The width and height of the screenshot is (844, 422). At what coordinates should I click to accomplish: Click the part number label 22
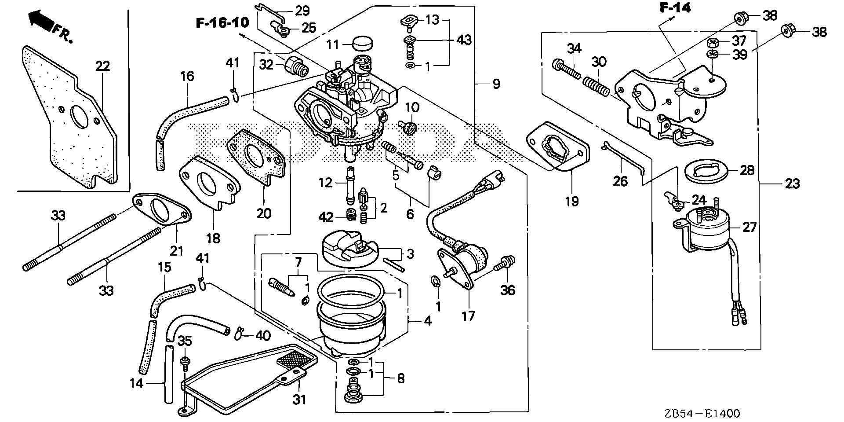(x=102, y=66)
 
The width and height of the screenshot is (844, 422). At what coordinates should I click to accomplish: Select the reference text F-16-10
(x=222, y=23)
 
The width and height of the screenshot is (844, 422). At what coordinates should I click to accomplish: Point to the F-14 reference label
(x=675, y=7)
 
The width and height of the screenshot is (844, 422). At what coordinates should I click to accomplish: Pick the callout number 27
(x=749, y=227)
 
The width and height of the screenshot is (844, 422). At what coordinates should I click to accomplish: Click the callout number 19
(x=572, y=202)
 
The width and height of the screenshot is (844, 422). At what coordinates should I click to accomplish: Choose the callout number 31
(x=300, y=399)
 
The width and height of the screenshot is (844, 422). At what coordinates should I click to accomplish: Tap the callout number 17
(x=469, y=316)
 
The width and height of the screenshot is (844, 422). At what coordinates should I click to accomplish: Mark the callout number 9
(x=496, y=84)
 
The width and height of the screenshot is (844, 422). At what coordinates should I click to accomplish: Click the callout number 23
(x=792, y=183)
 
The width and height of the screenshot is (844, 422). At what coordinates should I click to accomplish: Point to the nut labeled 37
(x=713, y=43)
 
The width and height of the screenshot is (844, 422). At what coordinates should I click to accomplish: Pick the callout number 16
(x=187, y=76)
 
